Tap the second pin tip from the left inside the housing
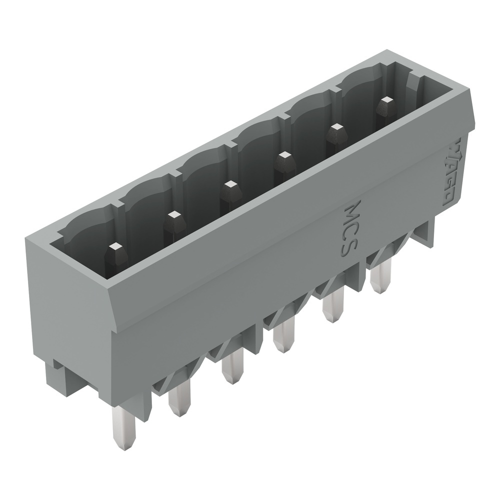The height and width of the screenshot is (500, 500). (x=173, y=215)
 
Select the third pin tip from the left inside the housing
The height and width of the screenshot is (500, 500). (x=230, y=185)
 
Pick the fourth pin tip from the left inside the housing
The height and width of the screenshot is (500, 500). (x=284, y=156)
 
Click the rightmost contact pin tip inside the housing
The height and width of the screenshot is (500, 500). (x=385, y=101)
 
